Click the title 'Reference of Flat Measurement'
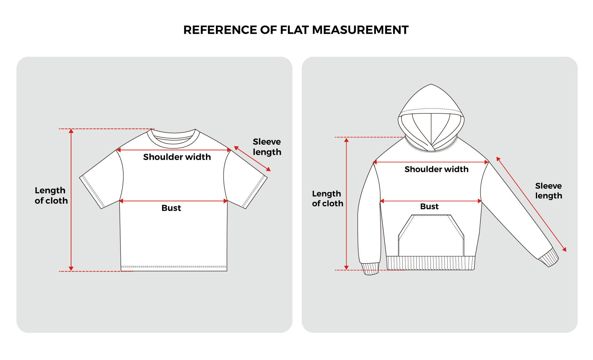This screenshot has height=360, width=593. [x=296, y=30]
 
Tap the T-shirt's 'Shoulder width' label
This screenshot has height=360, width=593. [x=177, y=157]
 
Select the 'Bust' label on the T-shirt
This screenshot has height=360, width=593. [x=171, y=208]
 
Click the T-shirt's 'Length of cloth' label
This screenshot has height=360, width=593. [x=51, y=195]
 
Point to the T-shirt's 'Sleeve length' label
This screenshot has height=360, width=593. [x=267, y=147]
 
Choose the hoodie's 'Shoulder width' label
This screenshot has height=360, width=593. [x=436, y=169]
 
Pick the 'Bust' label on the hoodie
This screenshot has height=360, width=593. [x=429, y=206]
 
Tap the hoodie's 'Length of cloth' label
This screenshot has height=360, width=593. [x=327, y=198]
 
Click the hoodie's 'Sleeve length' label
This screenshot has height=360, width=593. [x=549, y=191]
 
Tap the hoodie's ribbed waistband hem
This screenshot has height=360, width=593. [x=431, y=263]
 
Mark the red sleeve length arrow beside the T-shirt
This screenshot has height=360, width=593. [x=252, y=159]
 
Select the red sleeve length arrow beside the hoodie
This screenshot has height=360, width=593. [x=531, y=204]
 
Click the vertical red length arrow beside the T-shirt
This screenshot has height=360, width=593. [x=71, y=200]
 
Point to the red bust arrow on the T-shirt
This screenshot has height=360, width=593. [x=173, y=201]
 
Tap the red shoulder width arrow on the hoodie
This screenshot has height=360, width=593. [x=431, y=162]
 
